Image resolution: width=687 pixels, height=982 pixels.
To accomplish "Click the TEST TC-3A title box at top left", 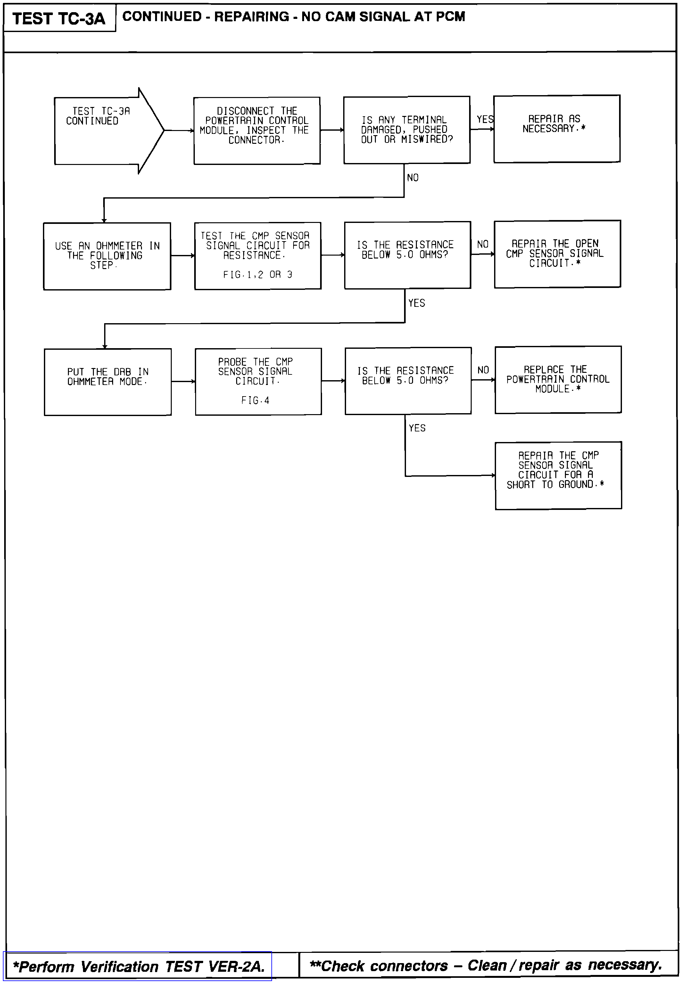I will pyautogui.click(x=59, y=18).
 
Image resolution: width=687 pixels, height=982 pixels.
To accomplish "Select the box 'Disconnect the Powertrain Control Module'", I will pyautogui.click(x=257, y=130).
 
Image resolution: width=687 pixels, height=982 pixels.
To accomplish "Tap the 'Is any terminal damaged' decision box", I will pyautogui.click(x=406, y=130).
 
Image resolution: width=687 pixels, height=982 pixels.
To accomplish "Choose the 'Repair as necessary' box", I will pyautogui.click(x=557, y=129).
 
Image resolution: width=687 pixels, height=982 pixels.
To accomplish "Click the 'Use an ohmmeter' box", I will pyautogui.click(x=107, y=256).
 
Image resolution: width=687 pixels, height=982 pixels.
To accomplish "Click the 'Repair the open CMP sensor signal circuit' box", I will pyautogui.click(x=557, y=254).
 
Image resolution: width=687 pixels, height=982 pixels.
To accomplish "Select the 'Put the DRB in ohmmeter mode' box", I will pyautogui.click(x=108, y=381).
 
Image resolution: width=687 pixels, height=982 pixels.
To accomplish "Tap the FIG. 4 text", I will pyautogui.click(x=255, y=400).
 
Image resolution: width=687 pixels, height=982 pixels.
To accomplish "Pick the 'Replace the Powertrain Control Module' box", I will pyautogui.click(x=558, y=379).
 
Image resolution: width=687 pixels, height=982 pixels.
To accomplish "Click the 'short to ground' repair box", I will pyautogui.click(x=558, y=475).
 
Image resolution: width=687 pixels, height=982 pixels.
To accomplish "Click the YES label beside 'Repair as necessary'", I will pyautogui.click(x=485, y=119).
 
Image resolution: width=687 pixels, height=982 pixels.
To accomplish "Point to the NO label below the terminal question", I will pyautogui.click(x=413, y=177).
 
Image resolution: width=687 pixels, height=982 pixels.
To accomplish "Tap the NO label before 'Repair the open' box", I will pyautogui.click(x=483, y=244).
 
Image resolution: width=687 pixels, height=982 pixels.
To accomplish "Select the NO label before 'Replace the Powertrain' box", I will pyautogui.click(x=483, y=370).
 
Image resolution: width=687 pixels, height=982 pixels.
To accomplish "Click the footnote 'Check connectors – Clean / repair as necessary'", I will pyautogui.click(x=485, y=965).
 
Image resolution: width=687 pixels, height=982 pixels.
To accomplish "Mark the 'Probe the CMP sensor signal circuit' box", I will pyautogui.click(x=258, y=381).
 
